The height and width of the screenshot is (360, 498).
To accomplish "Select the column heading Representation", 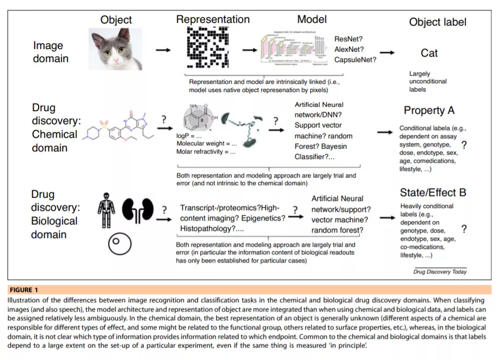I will (x=213, y=20).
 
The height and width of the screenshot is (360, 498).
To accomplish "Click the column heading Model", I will (x=312, y=20).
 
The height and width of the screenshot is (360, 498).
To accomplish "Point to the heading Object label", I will (x=438, y=22).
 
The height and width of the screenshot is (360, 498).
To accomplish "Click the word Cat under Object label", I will (x=429, y=53).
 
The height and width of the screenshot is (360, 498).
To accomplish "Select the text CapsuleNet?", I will (x=355, y=59).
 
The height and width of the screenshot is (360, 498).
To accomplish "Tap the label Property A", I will (x=429, y=111).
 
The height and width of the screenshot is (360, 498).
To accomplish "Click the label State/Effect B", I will (x=433, y=193).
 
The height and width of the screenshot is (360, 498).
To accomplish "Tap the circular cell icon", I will (x=120, y=244).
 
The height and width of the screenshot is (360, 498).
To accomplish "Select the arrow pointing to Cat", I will (x=387, y=53).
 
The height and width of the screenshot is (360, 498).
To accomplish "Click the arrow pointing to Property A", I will (x=385, y=132).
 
